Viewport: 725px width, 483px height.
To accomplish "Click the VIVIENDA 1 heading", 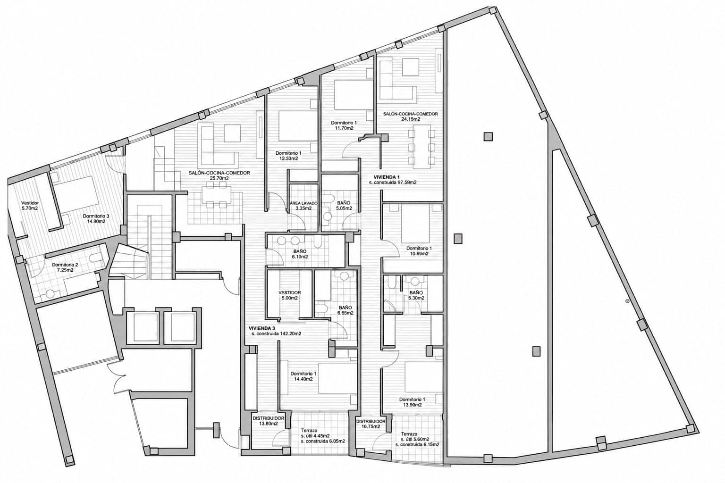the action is [387, 177].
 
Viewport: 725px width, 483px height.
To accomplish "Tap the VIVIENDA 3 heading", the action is [262, 328].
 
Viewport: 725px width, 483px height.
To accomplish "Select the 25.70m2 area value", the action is [219, 178].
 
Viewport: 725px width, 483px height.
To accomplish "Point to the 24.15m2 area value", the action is [410, 119].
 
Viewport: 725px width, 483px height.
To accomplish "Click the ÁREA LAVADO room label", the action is [303, 203].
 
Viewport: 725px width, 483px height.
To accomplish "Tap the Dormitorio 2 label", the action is [65, 265].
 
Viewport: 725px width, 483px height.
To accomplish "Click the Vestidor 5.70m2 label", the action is [30, 206].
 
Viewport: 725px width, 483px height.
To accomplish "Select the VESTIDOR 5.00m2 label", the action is [290, 295].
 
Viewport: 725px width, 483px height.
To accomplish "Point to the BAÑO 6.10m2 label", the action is [300, 254].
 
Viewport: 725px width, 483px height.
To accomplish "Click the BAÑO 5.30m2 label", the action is [416, 295].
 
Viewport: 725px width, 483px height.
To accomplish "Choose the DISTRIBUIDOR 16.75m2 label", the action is [371, 424].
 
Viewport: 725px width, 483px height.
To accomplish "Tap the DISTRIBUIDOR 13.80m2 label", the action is [268, 421].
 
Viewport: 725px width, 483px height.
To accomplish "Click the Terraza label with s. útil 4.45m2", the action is [309, 431].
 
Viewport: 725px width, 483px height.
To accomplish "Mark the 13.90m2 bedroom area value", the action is [412, 405].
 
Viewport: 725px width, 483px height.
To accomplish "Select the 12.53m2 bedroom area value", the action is [288, 158].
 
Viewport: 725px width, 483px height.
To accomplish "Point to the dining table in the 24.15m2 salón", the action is [422, 147].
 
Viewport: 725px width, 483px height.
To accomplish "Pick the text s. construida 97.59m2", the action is [393, 183].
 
